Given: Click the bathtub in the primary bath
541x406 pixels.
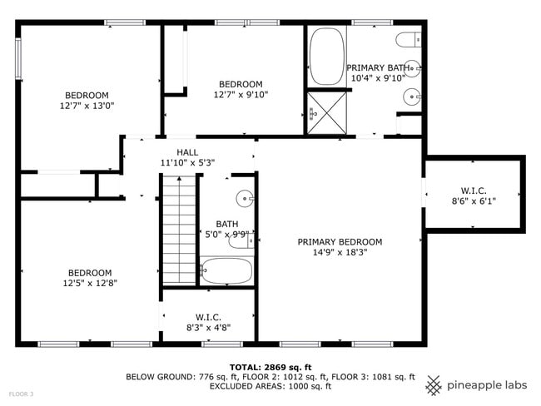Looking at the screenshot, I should tap(326, 56).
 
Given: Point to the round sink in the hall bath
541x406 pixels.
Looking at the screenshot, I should tap(243, 198).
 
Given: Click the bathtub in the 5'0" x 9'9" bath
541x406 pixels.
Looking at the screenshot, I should tap(226, 270).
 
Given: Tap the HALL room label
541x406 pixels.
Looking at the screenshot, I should tap(187, 152).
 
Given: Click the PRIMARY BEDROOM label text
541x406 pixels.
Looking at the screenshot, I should tap(340, 242).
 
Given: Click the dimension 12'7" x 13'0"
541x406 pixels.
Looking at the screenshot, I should tap(87, 106).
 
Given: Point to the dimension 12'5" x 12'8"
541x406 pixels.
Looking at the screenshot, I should tap(90, 283).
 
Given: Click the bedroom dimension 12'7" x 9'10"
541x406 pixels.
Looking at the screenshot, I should tap(241, 95).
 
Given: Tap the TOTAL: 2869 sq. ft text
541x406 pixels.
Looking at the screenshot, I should tap(270, 367).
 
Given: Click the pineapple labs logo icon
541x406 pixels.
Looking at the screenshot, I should tap(434, 385).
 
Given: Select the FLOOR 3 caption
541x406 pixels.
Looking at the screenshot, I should tap(21, 394).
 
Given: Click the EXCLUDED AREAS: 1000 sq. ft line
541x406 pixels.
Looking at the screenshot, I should tap(270, 386).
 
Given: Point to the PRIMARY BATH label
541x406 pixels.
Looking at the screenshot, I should tap(378, 67).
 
